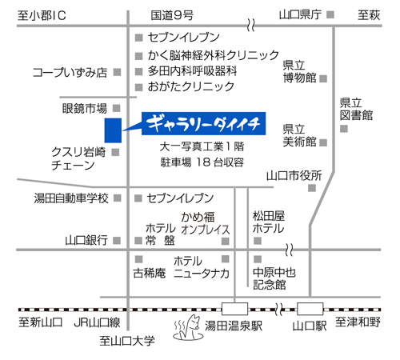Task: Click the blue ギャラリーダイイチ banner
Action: point(203,123)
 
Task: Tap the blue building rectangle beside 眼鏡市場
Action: point(113,130)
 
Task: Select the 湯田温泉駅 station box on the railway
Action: point(234,309)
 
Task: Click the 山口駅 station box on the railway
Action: point(310,309)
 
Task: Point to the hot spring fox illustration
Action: point(188,328)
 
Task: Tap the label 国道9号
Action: point(172,15)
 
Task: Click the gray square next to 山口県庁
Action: point(330,14)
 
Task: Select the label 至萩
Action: point(369,15)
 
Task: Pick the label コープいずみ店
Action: point(70,73)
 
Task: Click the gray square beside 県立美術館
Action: point(323,142)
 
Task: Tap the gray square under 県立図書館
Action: point(344,129)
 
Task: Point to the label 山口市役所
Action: point(294,176)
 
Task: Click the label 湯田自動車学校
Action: point(71,198)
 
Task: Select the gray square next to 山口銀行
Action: point(117,241)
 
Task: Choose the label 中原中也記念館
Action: point(274,278)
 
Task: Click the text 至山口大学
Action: point(127,341)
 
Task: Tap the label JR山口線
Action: point(97,322)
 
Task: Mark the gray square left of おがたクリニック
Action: point(138,87)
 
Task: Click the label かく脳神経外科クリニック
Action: point(214,55)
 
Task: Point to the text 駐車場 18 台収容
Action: point(202,162)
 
